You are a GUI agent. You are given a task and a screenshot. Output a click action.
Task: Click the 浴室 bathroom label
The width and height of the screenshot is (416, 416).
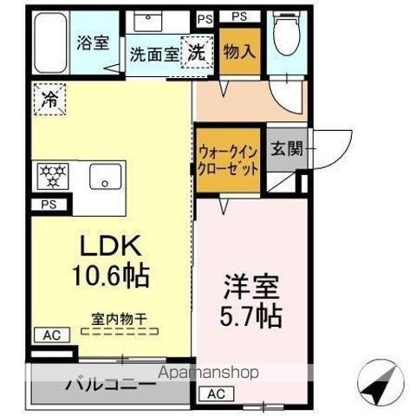click(91, 42)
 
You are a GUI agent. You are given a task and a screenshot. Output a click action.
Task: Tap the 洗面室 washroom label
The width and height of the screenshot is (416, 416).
click(154, 53)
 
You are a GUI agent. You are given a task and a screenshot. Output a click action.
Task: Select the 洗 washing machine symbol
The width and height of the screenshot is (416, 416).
click(197, 50)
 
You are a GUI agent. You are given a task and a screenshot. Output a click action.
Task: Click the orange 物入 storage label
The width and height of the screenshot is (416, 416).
click(238, 51)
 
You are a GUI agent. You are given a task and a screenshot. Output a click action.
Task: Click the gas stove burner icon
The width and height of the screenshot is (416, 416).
click(54, 175)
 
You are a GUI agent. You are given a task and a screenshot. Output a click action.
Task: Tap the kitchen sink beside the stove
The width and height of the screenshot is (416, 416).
click(104, 177)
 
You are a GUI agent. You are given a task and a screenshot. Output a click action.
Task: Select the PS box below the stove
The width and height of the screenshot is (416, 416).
click(46, 205)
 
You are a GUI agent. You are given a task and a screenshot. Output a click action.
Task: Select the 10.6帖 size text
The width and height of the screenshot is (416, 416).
click(110, 277)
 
